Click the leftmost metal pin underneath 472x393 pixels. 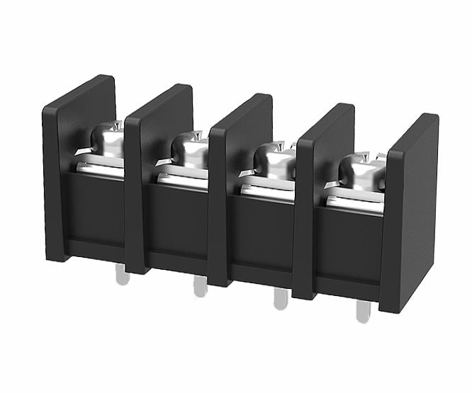[123, 276]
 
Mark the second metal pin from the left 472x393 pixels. [201, 287]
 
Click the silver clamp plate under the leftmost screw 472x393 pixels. [99, 167]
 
